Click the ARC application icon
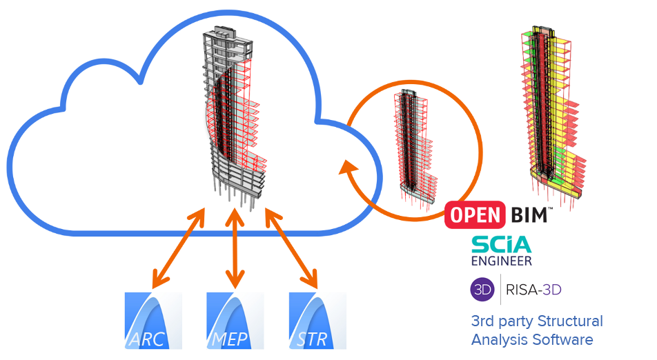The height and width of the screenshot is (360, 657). coord(153,321)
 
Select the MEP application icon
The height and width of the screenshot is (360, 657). coord(235,321)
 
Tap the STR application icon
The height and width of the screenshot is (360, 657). coord(317,321)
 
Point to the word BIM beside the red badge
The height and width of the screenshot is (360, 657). coord(529,214)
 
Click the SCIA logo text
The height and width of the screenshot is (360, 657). coord(501,244)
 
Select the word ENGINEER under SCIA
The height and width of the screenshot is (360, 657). coord(502,261)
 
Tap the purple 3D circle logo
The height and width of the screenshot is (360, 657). coord(482,290)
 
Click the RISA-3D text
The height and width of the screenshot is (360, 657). coord(533,290)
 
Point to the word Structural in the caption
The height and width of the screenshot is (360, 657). coord(569,321)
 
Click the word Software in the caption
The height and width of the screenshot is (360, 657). coord(567,339)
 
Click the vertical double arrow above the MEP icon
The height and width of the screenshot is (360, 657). coord(236,250)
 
